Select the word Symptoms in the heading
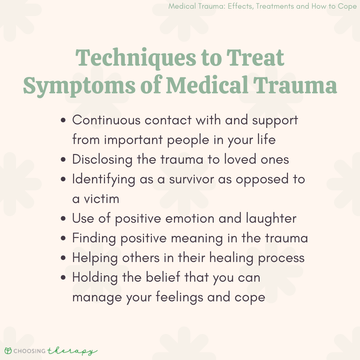click(79, 85)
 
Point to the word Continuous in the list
click(106, 120)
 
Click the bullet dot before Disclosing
click(63, 159)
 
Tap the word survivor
click(191, 179)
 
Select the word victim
click(101, 199)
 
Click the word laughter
click(271, 218)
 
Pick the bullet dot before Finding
click(63, 238)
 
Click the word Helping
click(95, 258)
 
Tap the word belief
click(163, 277)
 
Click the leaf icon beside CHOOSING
click(8, 351)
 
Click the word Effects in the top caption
click(241, 6)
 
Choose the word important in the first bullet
click(133, 140)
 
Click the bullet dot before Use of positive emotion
click(63, 218)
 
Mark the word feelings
click(179, 297)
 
